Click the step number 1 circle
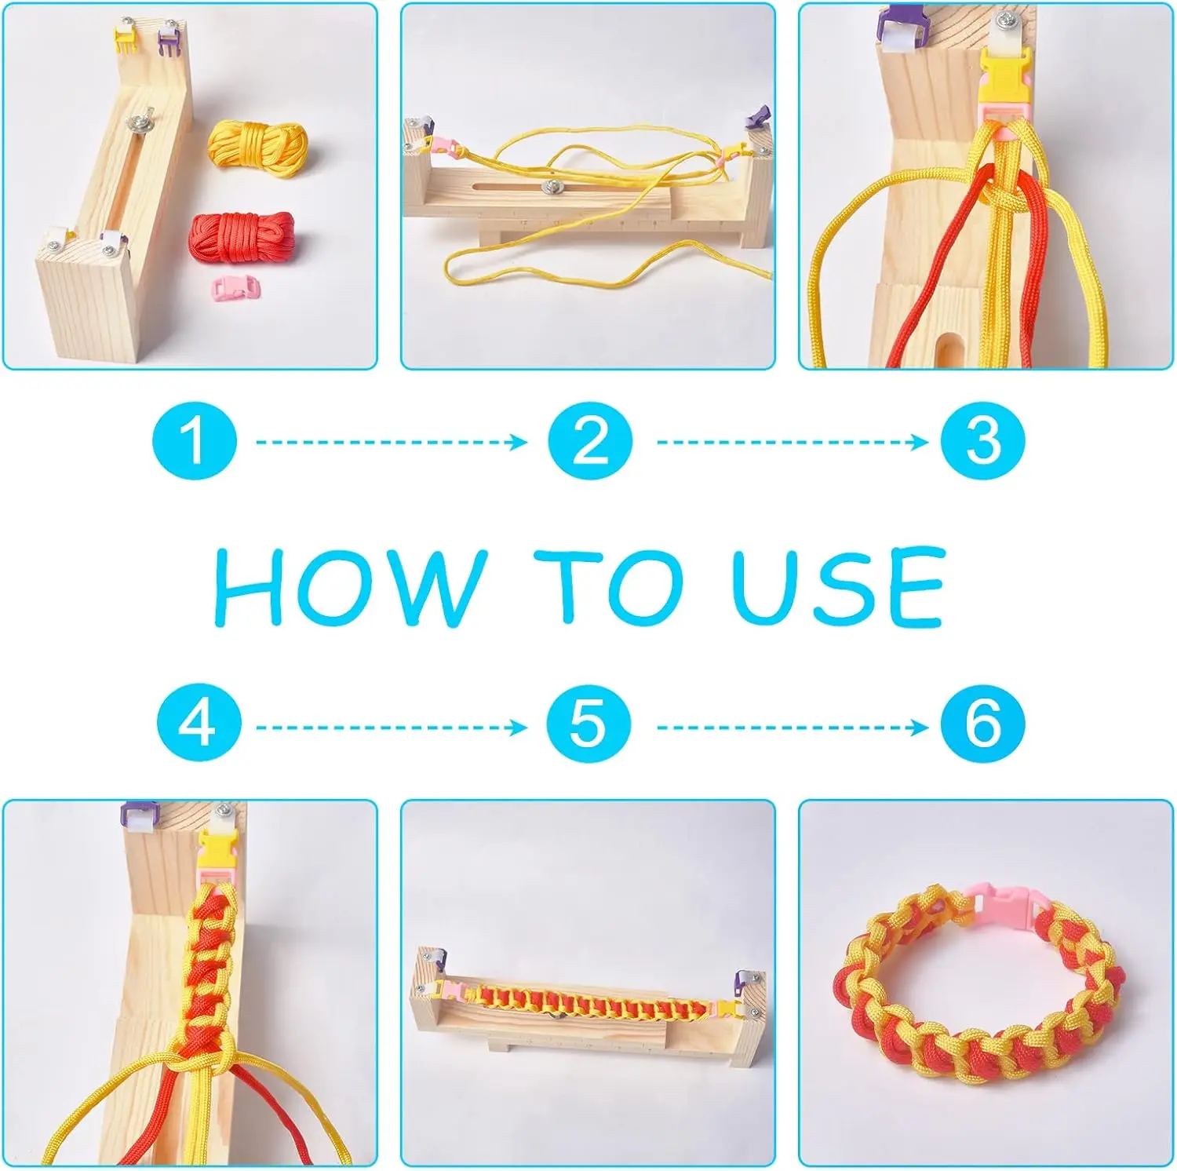point(195,440)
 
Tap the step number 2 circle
point(590,440)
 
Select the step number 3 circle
point(983,440)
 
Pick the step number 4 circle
point(199,722)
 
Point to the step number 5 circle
point(588,723)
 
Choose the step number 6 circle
point(983,723)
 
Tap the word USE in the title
point(838,586)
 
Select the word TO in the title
point(609,586)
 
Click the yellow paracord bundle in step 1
point(257,147)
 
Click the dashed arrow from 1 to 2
point(392,442)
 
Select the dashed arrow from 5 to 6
point(793,728)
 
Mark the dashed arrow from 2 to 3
point(793,442)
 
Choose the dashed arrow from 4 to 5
point(392,728)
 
